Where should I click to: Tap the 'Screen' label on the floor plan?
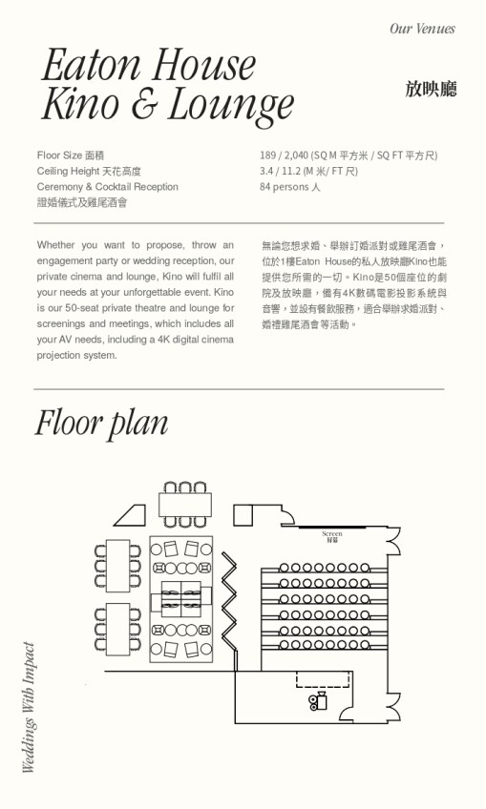(331, 533)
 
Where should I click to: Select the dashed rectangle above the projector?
(323, 679)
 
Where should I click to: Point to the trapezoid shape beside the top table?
(130, 515)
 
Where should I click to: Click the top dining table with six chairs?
(185, 505)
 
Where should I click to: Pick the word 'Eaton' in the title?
(91, 65)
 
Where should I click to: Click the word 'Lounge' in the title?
(231, 105)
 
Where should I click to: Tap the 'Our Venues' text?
(422, 29)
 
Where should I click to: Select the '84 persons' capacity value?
(289, 187)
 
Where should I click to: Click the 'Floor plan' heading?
(102, 424)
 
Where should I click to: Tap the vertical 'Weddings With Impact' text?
(29, 707)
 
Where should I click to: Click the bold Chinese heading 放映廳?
(431, 89)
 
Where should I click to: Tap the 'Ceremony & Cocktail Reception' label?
(108, 187)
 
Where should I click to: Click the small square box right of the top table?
(243, 515)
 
